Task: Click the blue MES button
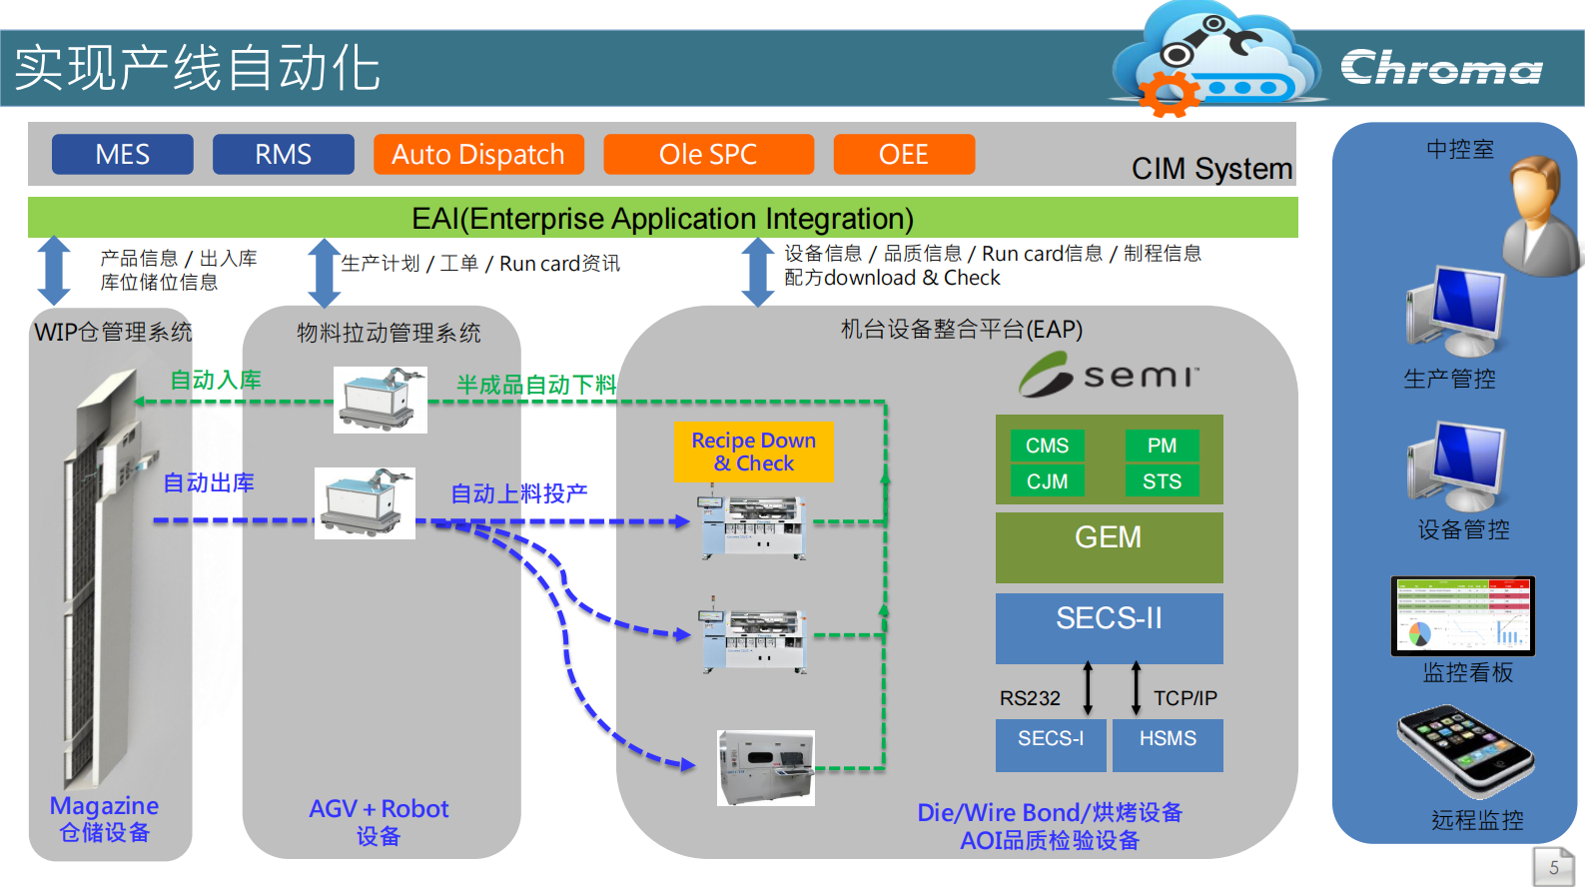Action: click(x=122, y=155)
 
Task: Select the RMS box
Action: click(x=283, y=155)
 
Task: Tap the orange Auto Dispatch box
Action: click(x=478, y=155)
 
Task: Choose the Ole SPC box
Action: click(x=708, y=155)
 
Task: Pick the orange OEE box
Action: click(x=904, y=155)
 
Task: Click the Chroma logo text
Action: click(x=1441, y=68)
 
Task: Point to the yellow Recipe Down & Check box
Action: click(x=754, y=451)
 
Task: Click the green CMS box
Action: click(x=1047, y=445)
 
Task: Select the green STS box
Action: click(x=1162, y=481)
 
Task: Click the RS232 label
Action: click(x=1030, y=698)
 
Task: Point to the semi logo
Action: click(x=1109, y=375)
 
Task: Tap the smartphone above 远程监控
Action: click(x=1465, y=751)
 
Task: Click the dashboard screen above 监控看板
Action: click(x=1462, y=615)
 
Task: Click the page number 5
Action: click(x=1553, y=867)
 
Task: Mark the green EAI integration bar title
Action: click(x=662, y=218)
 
